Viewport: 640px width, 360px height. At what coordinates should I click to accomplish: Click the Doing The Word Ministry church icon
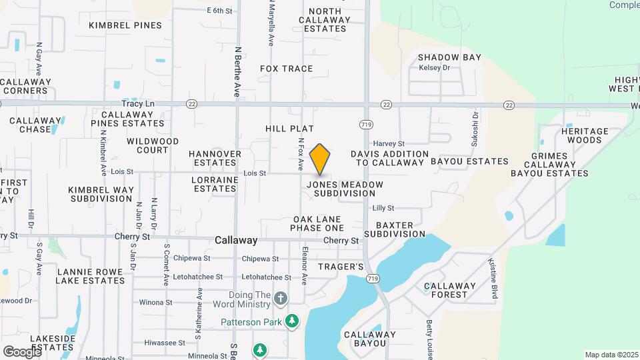pos(281,298)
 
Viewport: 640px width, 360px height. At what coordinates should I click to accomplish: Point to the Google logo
pos(22,351)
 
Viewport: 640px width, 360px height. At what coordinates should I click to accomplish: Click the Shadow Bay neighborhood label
pos(449,57)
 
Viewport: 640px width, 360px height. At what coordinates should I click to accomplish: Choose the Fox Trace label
pos(286,69)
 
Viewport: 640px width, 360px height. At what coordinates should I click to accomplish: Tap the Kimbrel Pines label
pos(125,25)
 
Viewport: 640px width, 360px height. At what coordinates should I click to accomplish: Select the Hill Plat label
pos(289,128)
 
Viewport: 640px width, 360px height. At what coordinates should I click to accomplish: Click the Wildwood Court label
pos(153,145)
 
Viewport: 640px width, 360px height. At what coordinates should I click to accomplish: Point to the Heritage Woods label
pos(585,135)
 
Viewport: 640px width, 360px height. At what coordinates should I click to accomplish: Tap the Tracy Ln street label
pos(138,104)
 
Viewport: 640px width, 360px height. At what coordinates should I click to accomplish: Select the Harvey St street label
pos(389,143)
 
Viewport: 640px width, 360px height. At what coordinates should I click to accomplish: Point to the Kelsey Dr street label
pos(435,68)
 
